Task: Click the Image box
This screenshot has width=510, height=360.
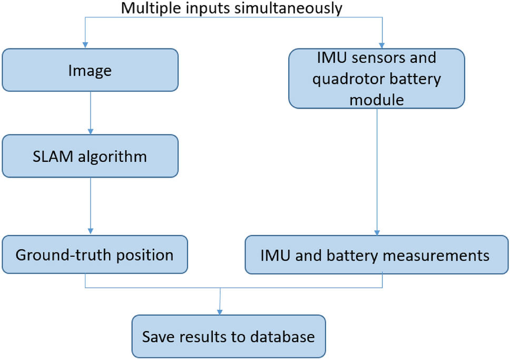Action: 90,70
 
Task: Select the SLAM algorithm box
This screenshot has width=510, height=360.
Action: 90,156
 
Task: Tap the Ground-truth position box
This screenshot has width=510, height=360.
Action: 94,255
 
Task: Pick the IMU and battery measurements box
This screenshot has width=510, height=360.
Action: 376,255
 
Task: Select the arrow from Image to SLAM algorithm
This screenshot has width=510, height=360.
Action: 91,113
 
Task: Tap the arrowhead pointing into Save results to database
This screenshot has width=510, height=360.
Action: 219,312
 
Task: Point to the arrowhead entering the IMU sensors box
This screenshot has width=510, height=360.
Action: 382,45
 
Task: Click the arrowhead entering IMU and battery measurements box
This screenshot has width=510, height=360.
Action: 377,232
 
